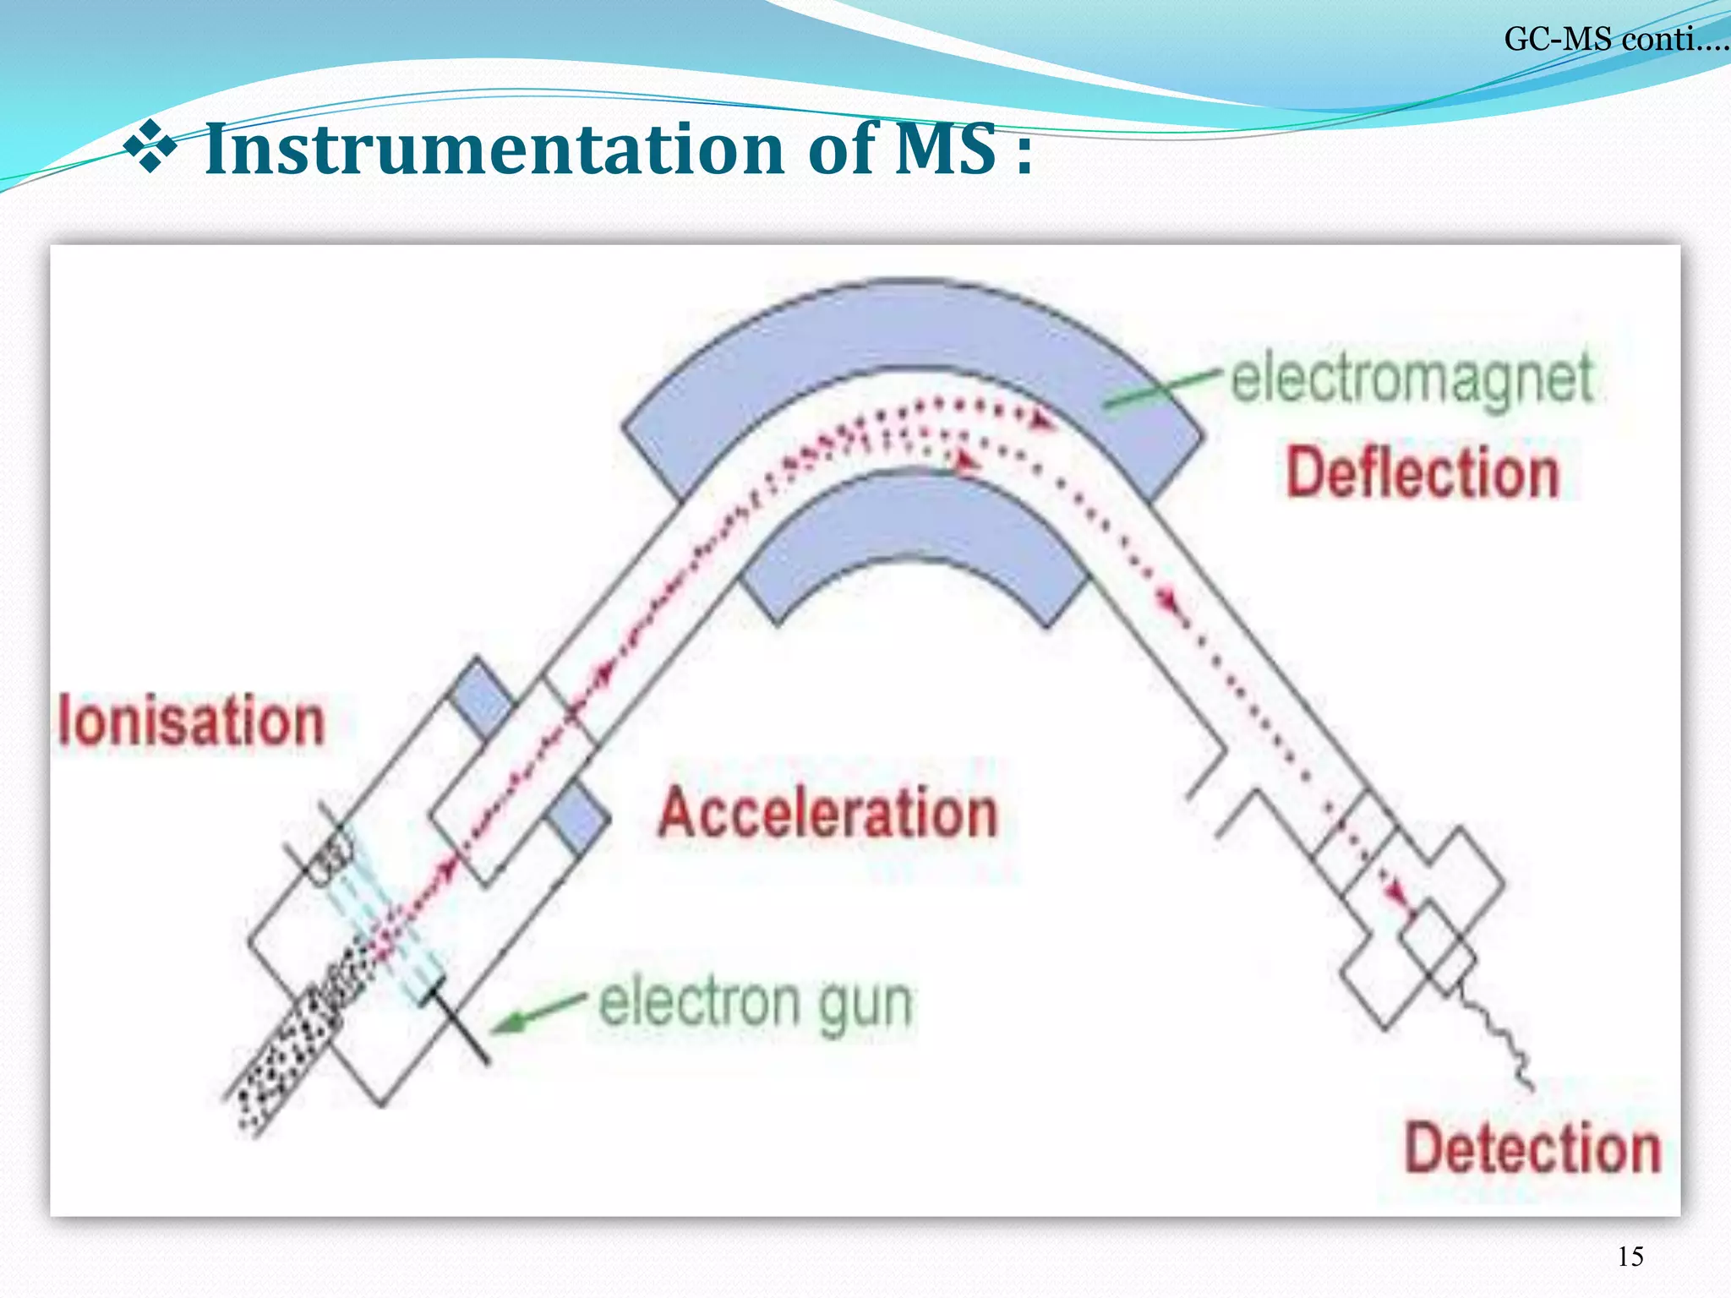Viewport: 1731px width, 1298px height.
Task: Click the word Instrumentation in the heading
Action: (494, 150)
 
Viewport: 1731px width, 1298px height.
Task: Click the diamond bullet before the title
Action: (150, 145)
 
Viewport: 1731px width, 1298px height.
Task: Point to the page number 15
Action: (1630, 1257)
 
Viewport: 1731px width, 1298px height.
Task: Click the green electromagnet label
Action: (1412, 379)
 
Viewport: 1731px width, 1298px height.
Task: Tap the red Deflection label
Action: (1422, 473)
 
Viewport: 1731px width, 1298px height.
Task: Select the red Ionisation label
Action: (192, 721)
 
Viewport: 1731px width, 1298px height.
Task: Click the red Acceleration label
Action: (828, 812)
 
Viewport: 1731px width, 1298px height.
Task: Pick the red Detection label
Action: (1532, 1148)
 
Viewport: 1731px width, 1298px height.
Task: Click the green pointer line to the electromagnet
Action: (1162, 389)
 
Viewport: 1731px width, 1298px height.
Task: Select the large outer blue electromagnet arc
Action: (913, 338)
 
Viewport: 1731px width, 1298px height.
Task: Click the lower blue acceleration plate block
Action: (577, 818)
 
